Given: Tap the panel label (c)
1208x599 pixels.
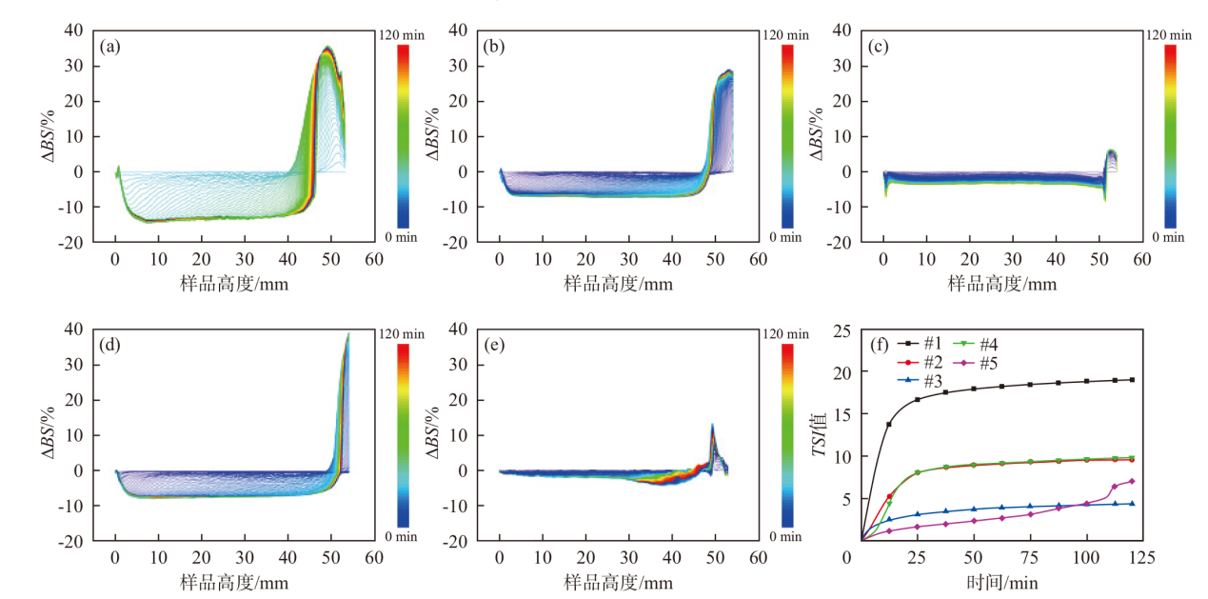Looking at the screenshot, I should point(878,45).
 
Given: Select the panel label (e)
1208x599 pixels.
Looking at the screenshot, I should point(494,344).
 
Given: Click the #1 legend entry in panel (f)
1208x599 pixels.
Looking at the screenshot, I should point(930,343).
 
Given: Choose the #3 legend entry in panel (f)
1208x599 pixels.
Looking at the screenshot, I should point(930,380).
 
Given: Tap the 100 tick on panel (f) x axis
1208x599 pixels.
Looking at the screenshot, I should point(1086,555).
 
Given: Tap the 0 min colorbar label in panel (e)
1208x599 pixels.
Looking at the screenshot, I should point(786,536).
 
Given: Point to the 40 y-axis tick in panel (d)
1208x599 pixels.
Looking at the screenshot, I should point(75,329).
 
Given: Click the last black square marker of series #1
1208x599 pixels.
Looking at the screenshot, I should point(1132,380).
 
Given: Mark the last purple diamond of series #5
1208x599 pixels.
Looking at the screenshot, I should point(1132,481).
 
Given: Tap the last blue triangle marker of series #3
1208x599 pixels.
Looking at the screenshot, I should point(1132,504).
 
